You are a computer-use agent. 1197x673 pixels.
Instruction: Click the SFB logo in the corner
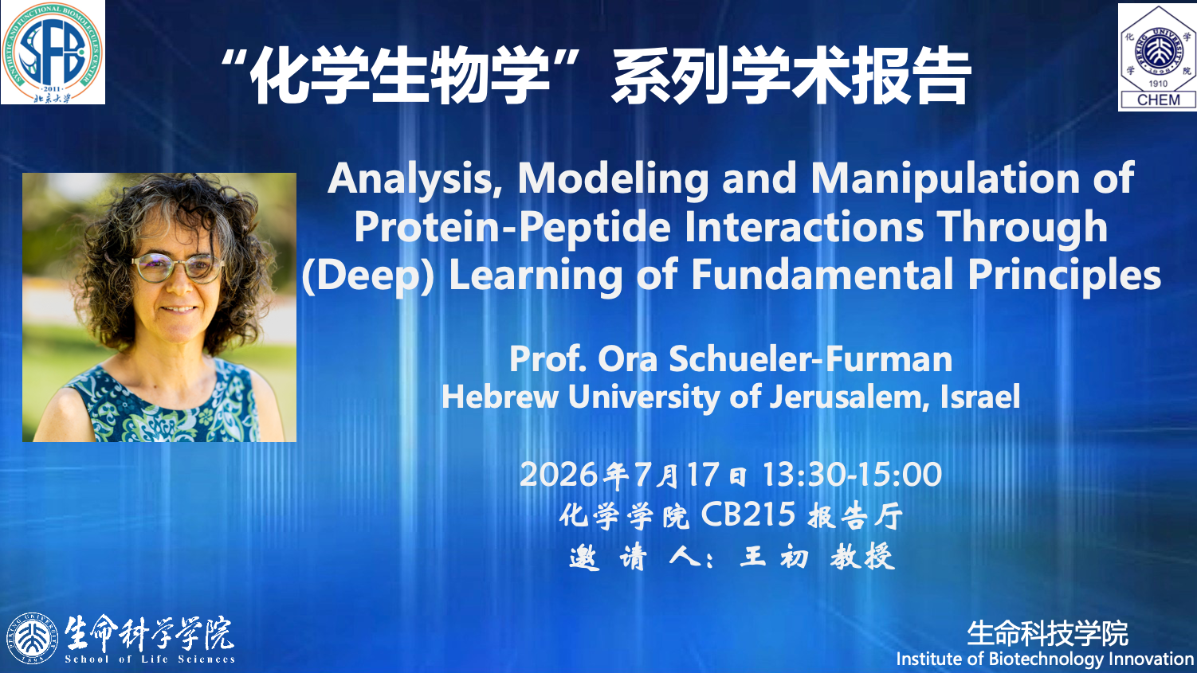[53, 52]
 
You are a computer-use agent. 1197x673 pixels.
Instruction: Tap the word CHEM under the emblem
[1158, 100]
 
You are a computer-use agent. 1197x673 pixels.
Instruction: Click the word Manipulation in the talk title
[945, 178]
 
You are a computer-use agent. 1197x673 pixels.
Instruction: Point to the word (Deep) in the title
[368, 276]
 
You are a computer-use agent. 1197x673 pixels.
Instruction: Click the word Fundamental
[822, 275]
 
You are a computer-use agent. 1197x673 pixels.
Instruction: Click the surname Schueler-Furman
[810, 359]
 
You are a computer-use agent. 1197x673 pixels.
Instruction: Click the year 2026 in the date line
[559, 475]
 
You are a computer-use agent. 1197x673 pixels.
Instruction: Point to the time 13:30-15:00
[852, 475]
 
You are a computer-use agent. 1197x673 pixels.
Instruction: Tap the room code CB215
[748, 515]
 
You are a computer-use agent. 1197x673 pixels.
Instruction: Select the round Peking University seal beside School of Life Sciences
[32, 639]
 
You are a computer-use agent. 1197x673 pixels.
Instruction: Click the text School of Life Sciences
[150, 659]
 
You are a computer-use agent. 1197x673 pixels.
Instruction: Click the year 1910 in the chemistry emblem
[1158, 84]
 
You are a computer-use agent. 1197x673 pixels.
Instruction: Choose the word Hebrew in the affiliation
[500, 397]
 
